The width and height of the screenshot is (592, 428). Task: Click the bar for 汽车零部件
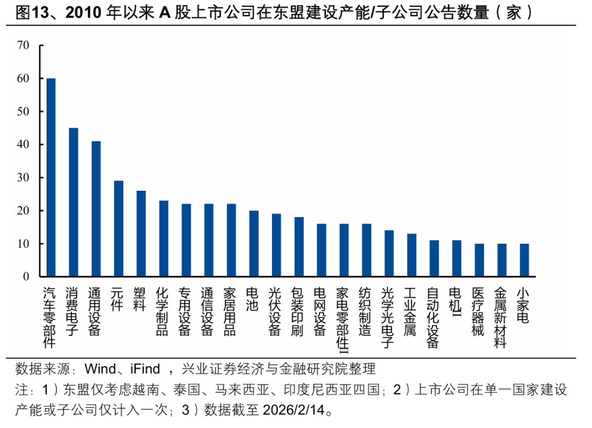[x=51, y=177]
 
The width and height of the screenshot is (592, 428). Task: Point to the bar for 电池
[x=254, y=243]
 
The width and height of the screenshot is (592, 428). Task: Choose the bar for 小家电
[x=524, y=260]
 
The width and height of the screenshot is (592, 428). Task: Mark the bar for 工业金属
[x=412, y=255]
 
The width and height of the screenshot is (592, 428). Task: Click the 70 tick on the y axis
[x=23, y=45]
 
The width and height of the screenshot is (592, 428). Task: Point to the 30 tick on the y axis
[x=23, y=178]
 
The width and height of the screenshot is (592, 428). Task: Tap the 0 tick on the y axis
[x=26, y=277]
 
